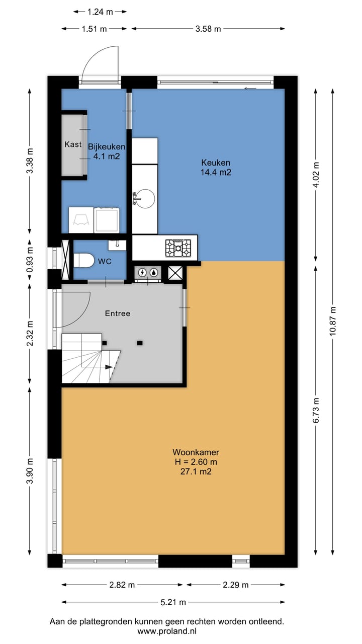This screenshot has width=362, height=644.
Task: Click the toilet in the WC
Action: (x=84, y=260)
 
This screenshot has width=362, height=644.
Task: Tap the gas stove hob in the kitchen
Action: (x=178, y=248)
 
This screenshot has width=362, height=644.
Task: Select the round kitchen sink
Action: (x=145, y=198)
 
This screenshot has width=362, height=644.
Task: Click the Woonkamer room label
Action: (x=196, y=452)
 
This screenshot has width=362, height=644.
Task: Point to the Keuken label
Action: (x=216, y=163)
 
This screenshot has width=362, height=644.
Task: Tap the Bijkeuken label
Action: (x=107, y=146)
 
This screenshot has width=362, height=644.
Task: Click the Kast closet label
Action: (x=73, y=144)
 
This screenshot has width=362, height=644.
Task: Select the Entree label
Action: (x=118, y=313)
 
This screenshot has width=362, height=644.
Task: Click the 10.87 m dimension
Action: (x=333, y=321)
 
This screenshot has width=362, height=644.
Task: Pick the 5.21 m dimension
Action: (x=173, y=602)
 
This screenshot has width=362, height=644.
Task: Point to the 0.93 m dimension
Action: (x=30, y=260)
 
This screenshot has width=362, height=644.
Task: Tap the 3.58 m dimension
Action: (x=208, y=29)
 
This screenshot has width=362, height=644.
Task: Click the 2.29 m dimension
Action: (x=236, y=585)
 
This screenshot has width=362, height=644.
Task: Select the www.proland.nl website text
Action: (x=167, y=631)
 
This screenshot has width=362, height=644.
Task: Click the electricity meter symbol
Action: (x=142, y=272)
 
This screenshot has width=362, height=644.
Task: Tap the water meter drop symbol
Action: (x=154, y=272)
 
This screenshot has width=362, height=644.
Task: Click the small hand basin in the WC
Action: (x=117, y=245)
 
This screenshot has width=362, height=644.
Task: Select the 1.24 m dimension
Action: (x=100, y=12)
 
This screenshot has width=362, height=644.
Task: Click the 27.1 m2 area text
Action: (x=196, y=471)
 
